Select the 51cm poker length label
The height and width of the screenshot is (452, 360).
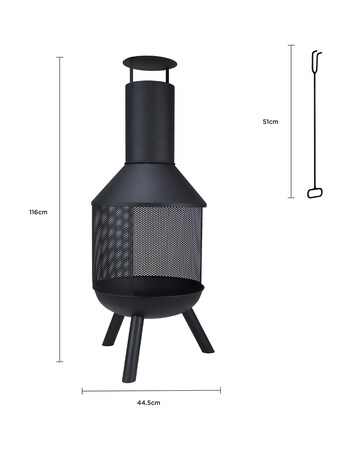(270, 120)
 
